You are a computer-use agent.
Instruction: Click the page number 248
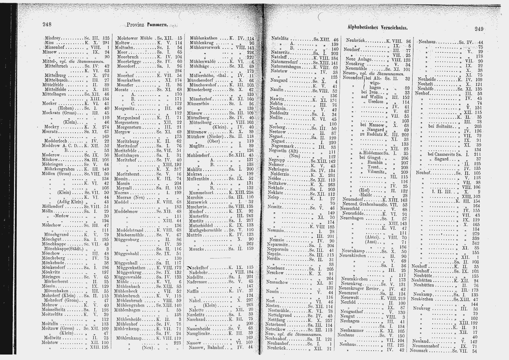click(47, 25)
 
